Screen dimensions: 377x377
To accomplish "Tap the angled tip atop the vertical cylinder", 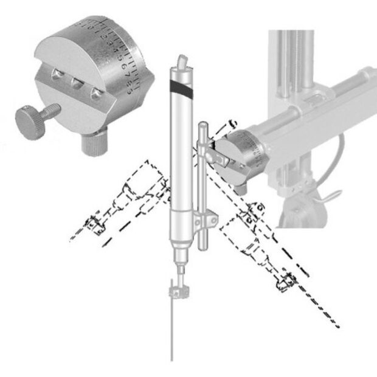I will click(x=181, y=61).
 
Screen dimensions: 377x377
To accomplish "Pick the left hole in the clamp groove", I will click(x=58, y=75).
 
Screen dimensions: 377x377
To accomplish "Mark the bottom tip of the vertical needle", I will click(x=173, y=359).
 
